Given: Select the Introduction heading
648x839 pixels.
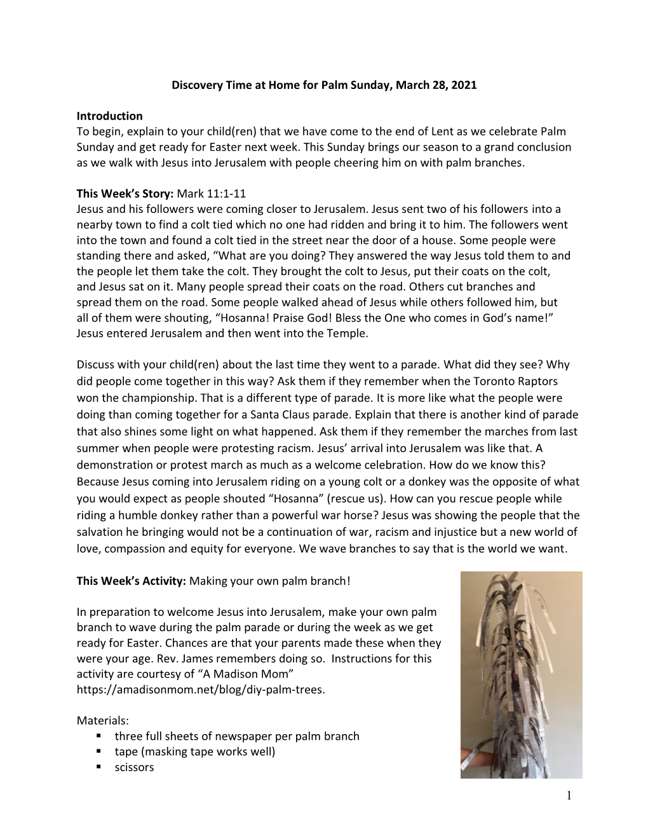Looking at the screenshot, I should click(x=109, y=116).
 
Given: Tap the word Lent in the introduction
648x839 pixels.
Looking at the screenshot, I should click(x=443, y=132).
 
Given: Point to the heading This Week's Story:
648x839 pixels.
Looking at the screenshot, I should click(x=125, y=194).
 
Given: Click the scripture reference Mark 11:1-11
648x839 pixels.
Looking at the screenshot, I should click(x=212, y=194).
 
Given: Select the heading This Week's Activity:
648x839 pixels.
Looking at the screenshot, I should click(x=132, y=581).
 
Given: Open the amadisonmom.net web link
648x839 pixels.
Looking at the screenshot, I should click(x=201, y=690).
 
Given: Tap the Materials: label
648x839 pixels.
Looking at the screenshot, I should click(x=103, y=721).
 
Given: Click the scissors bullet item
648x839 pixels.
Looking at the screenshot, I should click(x=134, y=767).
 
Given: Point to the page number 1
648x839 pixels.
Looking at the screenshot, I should click(x=569, y=795).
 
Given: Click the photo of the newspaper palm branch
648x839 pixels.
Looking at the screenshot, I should click(x=521, y=674).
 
